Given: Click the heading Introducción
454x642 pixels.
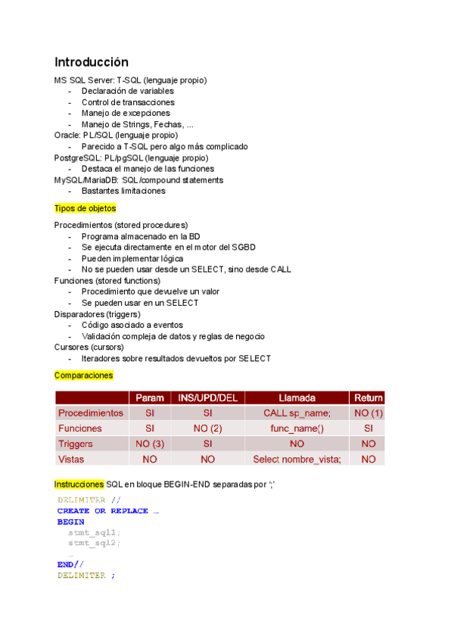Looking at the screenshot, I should click(92, 62).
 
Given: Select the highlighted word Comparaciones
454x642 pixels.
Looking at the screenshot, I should click(83, 376).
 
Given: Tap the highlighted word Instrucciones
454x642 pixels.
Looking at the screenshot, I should click(79, 484).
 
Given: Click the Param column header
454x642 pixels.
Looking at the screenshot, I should click(150, 397).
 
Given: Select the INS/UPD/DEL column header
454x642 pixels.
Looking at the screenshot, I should click(207, 397).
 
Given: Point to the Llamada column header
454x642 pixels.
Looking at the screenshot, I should click(297, 397).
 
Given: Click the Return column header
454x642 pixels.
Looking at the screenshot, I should click(368, 397).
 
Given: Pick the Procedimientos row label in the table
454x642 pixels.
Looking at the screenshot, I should click(91, 413).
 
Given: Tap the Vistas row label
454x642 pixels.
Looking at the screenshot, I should click(71, 459).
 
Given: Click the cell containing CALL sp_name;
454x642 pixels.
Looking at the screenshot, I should click(297, 413).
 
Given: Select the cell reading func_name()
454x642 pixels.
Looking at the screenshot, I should click(297, 429).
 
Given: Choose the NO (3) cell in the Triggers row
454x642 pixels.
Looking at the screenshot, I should click(150, 444).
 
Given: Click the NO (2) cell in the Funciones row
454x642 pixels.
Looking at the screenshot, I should click(207, 429).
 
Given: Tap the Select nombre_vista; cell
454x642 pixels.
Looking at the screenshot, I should click(297, 459).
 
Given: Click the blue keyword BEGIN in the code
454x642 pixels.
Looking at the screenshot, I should click(70, 522).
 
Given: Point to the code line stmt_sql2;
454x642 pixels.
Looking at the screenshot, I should click(94, 543).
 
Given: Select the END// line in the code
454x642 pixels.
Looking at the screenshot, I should click(70, 564).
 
